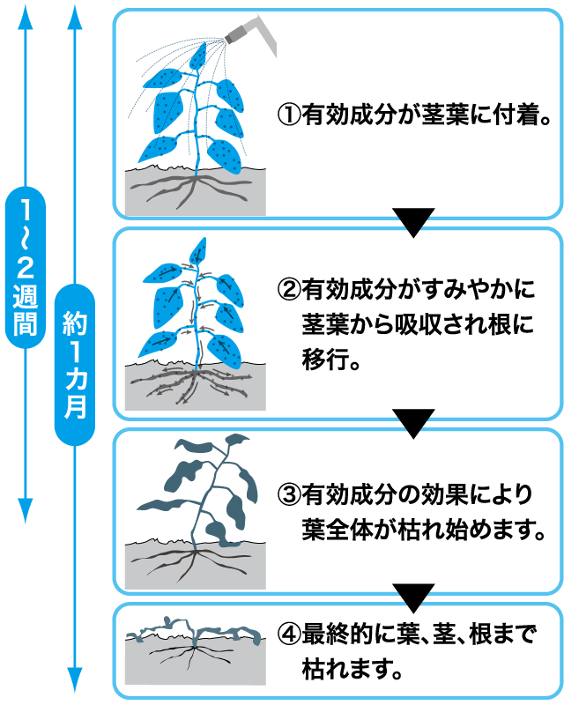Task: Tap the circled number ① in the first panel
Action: pos(288,115)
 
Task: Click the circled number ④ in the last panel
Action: pos(288,633)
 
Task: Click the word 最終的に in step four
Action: pos(349,633)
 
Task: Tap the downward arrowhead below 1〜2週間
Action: pos(26,509)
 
